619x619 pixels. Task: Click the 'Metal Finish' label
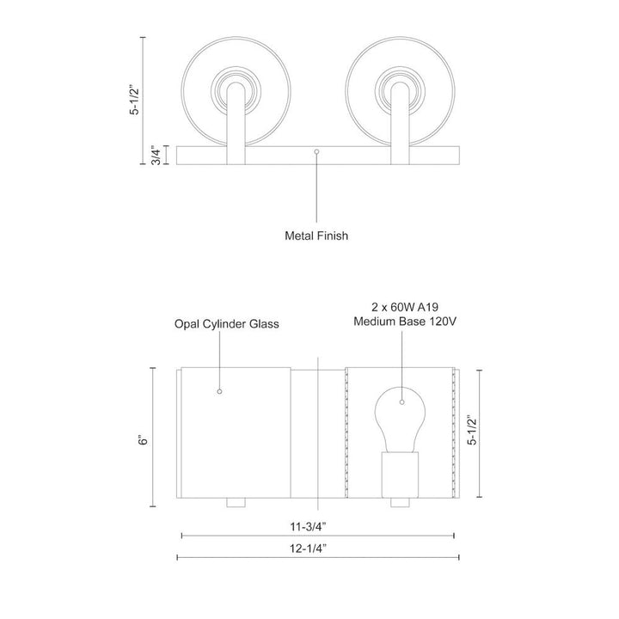(316, 234)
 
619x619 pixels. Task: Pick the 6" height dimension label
(144, 437)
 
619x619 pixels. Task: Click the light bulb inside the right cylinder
(400, 417)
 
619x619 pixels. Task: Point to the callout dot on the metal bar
(317, 152)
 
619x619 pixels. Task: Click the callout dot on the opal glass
(219, 392)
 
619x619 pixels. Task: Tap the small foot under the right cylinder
(400, 501)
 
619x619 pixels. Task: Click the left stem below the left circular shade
(234, 129)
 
